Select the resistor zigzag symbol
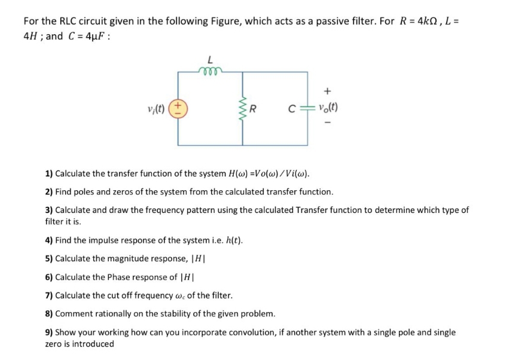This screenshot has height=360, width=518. [243, 109]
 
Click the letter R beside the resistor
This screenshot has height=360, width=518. [254, 109]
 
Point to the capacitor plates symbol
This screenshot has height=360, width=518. [307, 109]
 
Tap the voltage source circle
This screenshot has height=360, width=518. [178, 109]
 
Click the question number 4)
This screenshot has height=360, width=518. [50, 241]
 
